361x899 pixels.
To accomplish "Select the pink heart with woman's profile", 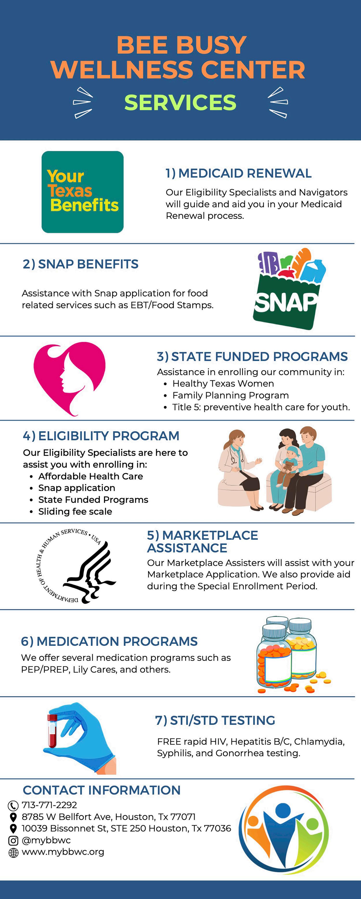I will point(69,378).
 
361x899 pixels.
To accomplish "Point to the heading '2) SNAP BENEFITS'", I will point(80,264).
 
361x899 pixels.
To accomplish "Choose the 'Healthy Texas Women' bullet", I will point(223,383).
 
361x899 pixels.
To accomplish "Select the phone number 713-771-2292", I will point(49,805).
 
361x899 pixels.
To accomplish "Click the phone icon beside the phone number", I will point(13,806).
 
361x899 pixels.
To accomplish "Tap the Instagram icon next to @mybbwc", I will point(13,841).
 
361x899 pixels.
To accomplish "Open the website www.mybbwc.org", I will point(63,852).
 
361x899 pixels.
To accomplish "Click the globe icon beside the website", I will point(13,853).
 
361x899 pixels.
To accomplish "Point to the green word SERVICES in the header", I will point(180,102).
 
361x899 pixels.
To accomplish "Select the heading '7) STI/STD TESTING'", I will point(215,720).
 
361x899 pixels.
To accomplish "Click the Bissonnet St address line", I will point(126,829).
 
